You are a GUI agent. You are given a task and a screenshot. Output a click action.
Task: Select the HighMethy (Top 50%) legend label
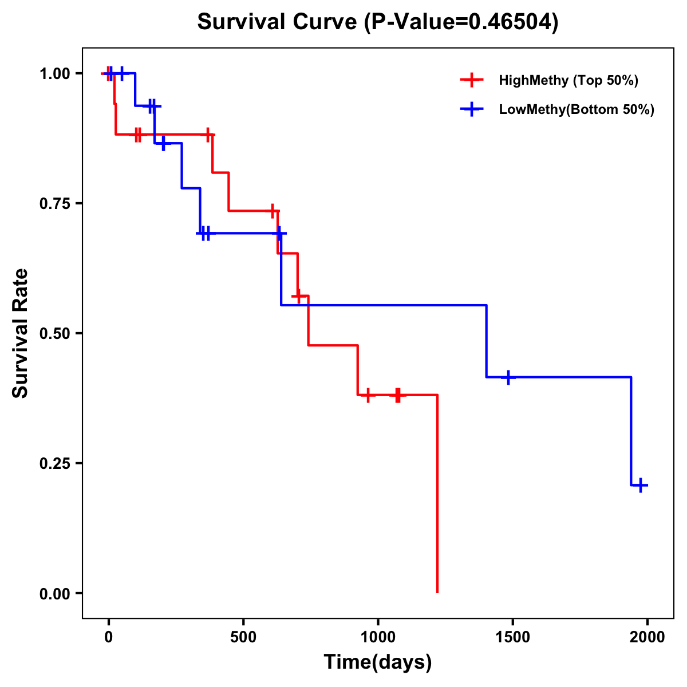pos(568,80)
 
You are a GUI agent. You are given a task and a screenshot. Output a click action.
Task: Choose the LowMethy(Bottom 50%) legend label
pos(577,109)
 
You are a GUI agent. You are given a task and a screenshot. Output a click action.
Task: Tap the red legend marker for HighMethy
pos(471,80)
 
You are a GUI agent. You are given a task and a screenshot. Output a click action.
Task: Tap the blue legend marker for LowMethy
pos(471,109)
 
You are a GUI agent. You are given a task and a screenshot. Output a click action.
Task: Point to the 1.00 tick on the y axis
pos(54,74)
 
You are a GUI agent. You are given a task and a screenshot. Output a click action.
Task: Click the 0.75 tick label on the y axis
pos(54,204)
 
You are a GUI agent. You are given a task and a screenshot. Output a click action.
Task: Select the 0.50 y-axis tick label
pos(54,334)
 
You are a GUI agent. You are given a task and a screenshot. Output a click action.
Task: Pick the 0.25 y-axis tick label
pos(54,464)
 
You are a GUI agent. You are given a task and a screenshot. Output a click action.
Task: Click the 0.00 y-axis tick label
pos(54,594)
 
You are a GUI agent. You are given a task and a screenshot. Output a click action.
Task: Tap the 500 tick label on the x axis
pos(243,637)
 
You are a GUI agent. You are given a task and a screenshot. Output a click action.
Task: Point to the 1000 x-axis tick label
pos(378,637)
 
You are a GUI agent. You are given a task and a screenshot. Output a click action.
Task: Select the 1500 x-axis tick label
pos(512,637)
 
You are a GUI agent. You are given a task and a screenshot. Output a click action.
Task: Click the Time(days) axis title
pos(378,662)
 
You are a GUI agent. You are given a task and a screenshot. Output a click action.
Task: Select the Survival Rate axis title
pos(21,333)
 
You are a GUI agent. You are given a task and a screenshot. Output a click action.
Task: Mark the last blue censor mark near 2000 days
pos(641,485)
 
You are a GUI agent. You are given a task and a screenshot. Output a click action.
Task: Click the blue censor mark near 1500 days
pos(508,377)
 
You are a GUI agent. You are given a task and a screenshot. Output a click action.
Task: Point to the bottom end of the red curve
pos(437,591)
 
